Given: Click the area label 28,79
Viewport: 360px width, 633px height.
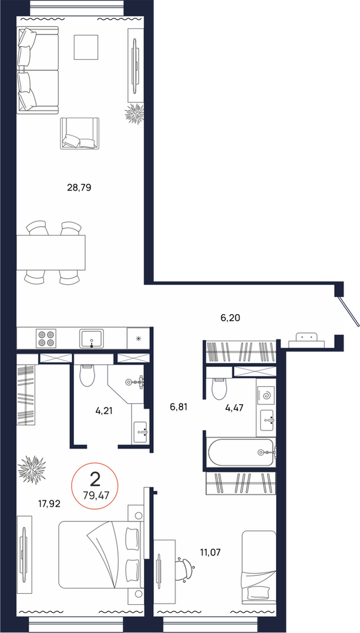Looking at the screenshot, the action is coord(79,187).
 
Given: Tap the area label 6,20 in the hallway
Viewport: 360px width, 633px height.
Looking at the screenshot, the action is coord(230,318).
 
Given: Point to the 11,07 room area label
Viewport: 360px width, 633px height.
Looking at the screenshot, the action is coord(211,551).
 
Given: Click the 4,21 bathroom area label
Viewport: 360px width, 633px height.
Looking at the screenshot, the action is coord(104,412).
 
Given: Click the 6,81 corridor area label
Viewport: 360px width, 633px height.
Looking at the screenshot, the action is coord(179,407).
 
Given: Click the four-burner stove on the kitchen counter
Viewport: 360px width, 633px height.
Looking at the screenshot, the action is coord(45,338).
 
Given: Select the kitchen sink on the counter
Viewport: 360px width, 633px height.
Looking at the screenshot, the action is coord(92,338).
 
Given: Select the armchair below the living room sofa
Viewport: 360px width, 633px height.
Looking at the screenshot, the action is coord(79,134).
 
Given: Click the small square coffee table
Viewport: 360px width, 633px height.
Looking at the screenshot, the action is coord(86,47).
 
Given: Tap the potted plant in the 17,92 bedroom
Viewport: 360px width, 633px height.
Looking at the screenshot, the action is coord(32,469).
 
